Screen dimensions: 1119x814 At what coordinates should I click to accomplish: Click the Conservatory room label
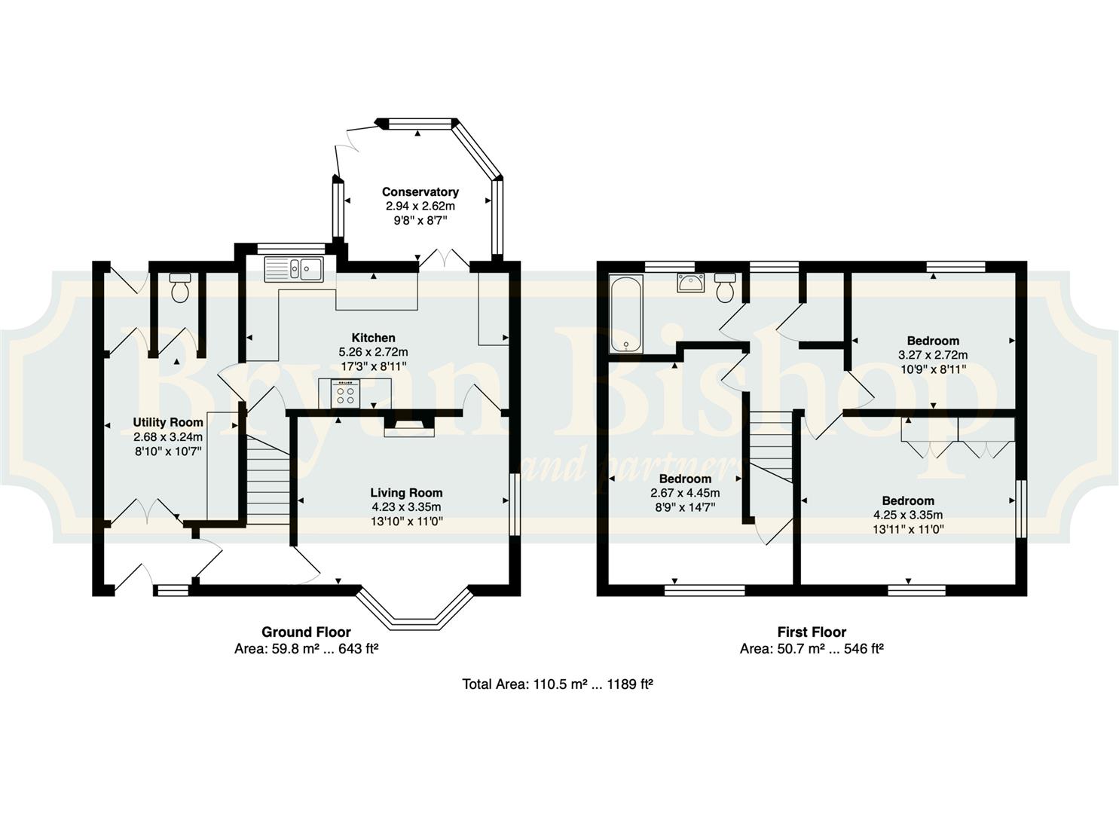(x=420, y=192)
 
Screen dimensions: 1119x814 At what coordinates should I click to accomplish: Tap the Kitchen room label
(x=373, y=338)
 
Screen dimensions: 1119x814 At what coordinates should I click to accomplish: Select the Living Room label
(x=406, y=493)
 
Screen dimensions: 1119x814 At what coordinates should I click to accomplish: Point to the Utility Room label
(x=168, y=422)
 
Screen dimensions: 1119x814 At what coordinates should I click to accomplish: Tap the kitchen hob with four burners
(x=346, y=393)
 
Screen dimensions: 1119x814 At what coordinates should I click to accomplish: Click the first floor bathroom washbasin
(x=690, y=283)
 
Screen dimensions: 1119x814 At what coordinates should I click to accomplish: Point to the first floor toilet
(x=725, y=288)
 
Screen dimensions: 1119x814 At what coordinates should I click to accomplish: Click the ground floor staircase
(x=268, y=479)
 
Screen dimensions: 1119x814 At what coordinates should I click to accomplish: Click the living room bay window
(x=414, y=611)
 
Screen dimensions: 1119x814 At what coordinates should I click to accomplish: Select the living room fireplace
(x=409, y=424)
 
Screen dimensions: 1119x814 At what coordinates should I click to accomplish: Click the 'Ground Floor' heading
(x=306, y=632)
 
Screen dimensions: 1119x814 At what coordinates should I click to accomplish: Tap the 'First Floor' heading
(x=812, y=632)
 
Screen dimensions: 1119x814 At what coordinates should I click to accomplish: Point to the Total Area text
(x=558, y=684)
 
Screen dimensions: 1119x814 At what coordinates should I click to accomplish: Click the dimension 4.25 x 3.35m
(x=908, y=515)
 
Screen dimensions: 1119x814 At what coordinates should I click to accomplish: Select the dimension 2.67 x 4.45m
(x=685, y=493)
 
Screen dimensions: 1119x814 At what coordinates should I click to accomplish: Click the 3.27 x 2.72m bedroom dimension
(x=933, y=355)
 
